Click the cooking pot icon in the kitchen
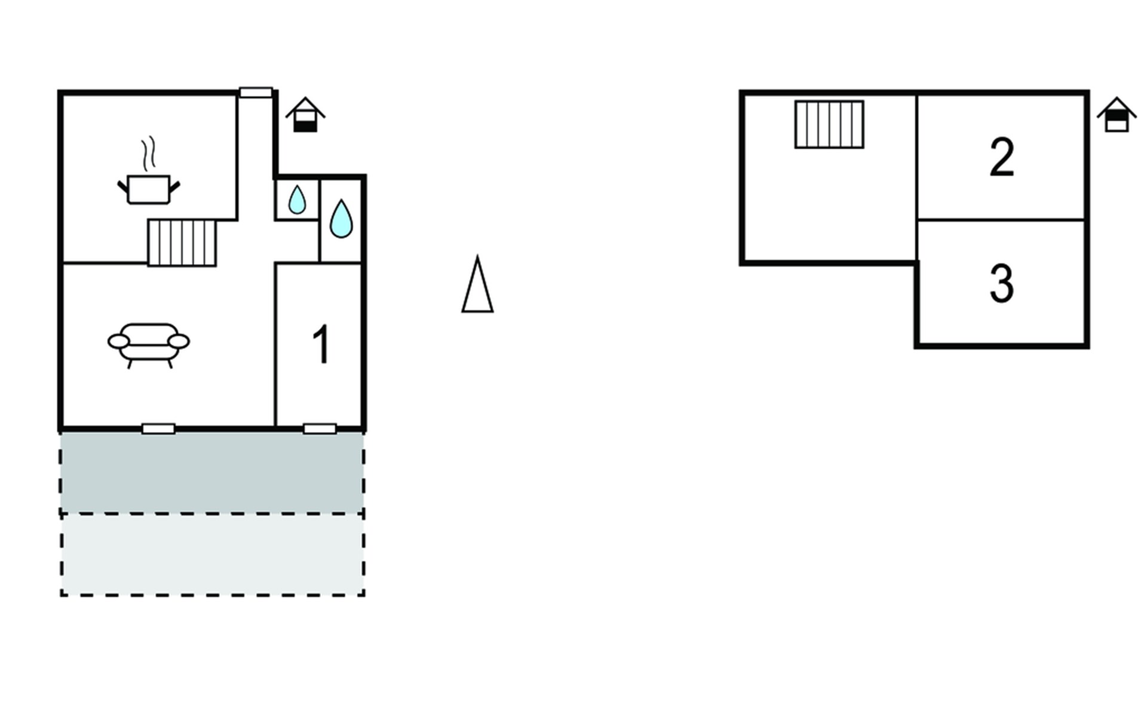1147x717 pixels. pos(149,189)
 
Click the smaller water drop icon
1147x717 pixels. pos(297,200)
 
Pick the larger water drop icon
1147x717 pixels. pos(341,219)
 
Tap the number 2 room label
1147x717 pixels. pos(1002,157)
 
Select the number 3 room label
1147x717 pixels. pos(1002,284)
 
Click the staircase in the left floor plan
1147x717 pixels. pos(182,243)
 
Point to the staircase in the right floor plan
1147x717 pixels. pos(829,124)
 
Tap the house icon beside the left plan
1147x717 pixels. pos(305,115)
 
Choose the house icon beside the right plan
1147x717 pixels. pos(1116,115)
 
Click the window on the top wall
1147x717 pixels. pos(256,93)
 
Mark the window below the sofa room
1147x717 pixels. pos(158,428)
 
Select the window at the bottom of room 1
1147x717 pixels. pos(320,428)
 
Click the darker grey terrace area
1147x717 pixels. pos(212,472)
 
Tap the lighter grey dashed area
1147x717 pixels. pos(212,554)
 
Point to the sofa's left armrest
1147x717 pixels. pos(118,341)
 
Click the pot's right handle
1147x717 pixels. pos(174,187)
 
